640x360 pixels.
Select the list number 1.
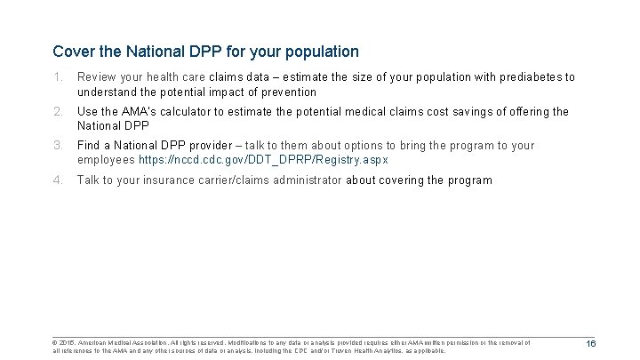point(58,77)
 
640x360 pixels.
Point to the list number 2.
point(58,111)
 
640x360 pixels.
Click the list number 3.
point(58,145)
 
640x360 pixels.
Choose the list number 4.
point(58,180)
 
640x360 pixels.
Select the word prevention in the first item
point(287,92)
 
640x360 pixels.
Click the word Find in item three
point(89,145)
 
